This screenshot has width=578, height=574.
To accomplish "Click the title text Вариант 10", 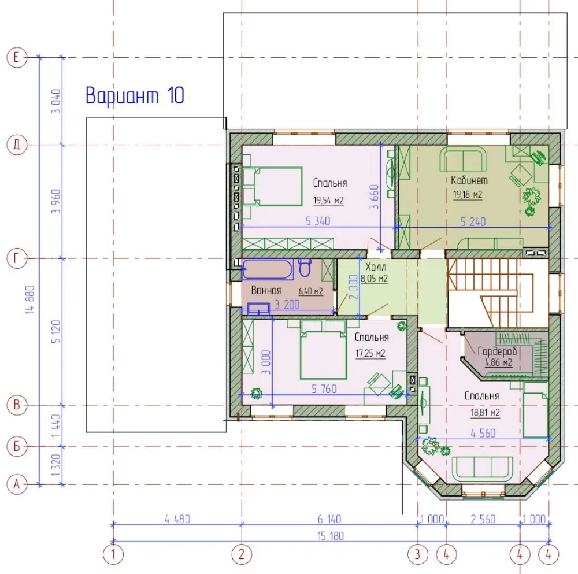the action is (x=135, y=95).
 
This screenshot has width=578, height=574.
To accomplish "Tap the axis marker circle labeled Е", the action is (x=17, y=57).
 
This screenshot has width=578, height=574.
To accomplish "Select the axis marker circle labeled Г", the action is (x=17, y=258).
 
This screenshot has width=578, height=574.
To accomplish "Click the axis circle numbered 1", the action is (x=113, y=554).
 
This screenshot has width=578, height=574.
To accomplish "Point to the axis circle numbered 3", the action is (x=418, y=554).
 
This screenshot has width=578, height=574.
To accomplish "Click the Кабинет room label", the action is (x=469, y=180).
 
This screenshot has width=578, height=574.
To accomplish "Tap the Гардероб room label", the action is (x=497, y=351).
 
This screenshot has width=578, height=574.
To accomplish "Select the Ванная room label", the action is (x=266, y=290).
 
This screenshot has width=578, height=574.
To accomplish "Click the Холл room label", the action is (x=376, y=266).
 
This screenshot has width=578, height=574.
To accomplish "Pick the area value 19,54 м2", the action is (x=328, y=201).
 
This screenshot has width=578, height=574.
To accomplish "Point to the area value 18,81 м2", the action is (x=485, y=413).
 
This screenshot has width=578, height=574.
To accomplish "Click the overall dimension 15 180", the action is (x=330, y=536).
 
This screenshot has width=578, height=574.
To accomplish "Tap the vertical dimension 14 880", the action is (x=30, y=300).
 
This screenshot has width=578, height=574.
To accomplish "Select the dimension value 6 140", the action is (x=329, y=519).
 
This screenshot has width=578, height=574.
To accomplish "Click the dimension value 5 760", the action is (x=324, y=389).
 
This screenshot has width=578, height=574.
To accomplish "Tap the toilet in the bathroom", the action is (x=305, y=267).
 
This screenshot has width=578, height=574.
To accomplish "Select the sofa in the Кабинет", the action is (x=462, y=159).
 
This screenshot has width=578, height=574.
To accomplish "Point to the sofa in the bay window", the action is (x=483, y=469).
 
